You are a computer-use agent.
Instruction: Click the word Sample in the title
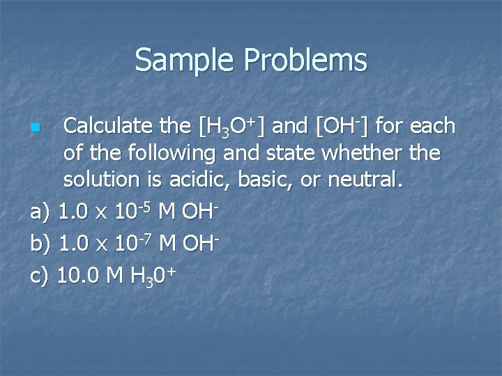pos(185,60)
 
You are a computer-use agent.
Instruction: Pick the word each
pos(432,127)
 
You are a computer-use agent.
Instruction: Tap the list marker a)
pos(42,212)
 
